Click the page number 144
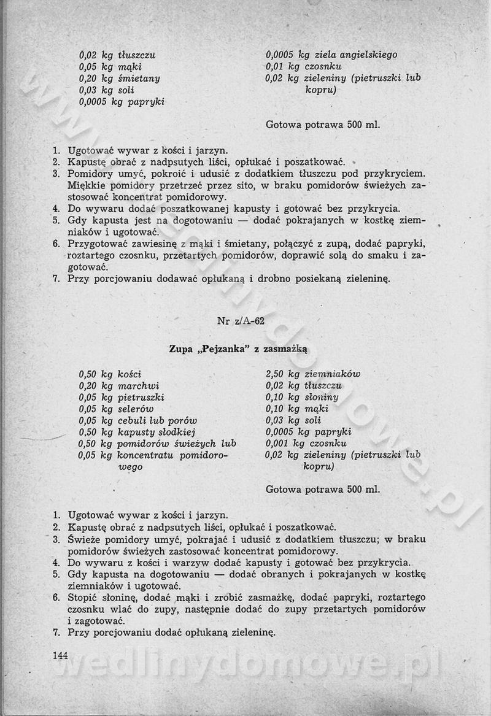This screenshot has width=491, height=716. coord(60,655)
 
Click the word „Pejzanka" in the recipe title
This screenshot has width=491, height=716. coord(218,349)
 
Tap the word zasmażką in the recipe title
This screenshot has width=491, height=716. coord(285,349)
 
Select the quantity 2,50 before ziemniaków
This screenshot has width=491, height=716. coord(276,374)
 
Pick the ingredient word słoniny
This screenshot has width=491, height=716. coord(321,397)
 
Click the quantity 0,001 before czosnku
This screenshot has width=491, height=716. coord(278,443)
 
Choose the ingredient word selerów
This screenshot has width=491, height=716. coord(136,409)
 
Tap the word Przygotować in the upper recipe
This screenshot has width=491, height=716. coord(97,244)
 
